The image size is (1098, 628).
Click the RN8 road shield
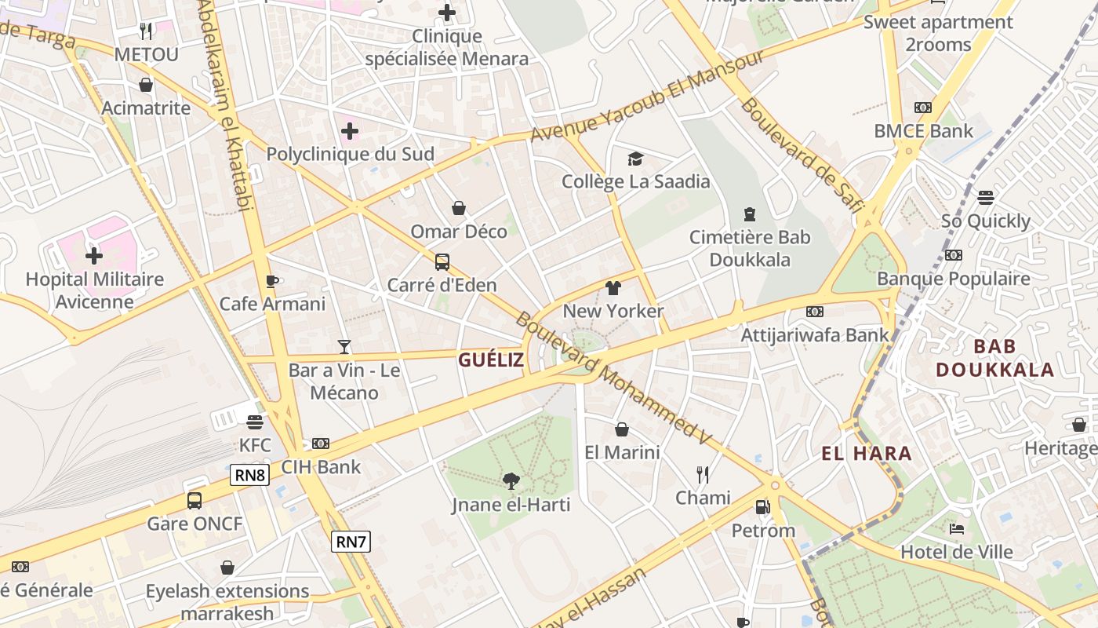click(250, 474)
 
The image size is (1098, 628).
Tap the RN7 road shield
click(351, 541)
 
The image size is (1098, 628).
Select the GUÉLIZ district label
click(491, 360)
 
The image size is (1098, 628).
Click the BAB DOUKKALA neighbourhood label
click(995, 358)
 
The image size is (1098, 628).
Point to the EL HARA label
click(867, 453)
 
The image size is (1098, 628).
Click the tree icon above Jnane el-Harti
click(511, 480)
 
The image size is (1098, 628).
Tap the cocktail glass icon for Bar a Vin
click(344, 346)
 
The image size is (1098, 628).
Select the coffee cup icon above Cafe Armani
click(272, 281)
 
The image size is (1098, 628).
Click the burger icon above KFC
click(254, 422)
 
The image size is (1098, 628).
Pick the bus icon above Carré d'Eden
click(442, 261)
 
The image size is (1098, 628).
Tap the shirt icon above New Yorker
click(613, 288)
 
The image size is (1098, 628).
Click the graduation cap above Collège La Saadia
click(635, 159)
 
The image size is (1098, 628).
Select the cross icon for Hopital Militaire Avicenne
click(94, 256)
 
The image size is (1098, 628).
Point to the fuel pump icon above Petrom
click(762, 507)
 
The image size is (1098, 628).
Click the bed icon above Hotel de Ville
click(956, 528)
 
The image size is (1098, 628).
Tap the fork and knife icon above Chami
click(703, 474)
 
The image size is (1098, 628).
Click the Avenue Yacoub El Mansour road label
click(647, 97)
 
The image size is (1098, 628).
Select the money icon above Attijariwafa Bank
click(815, 312)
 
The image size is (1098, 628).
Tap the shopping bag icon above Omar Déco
click(459, 208)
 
